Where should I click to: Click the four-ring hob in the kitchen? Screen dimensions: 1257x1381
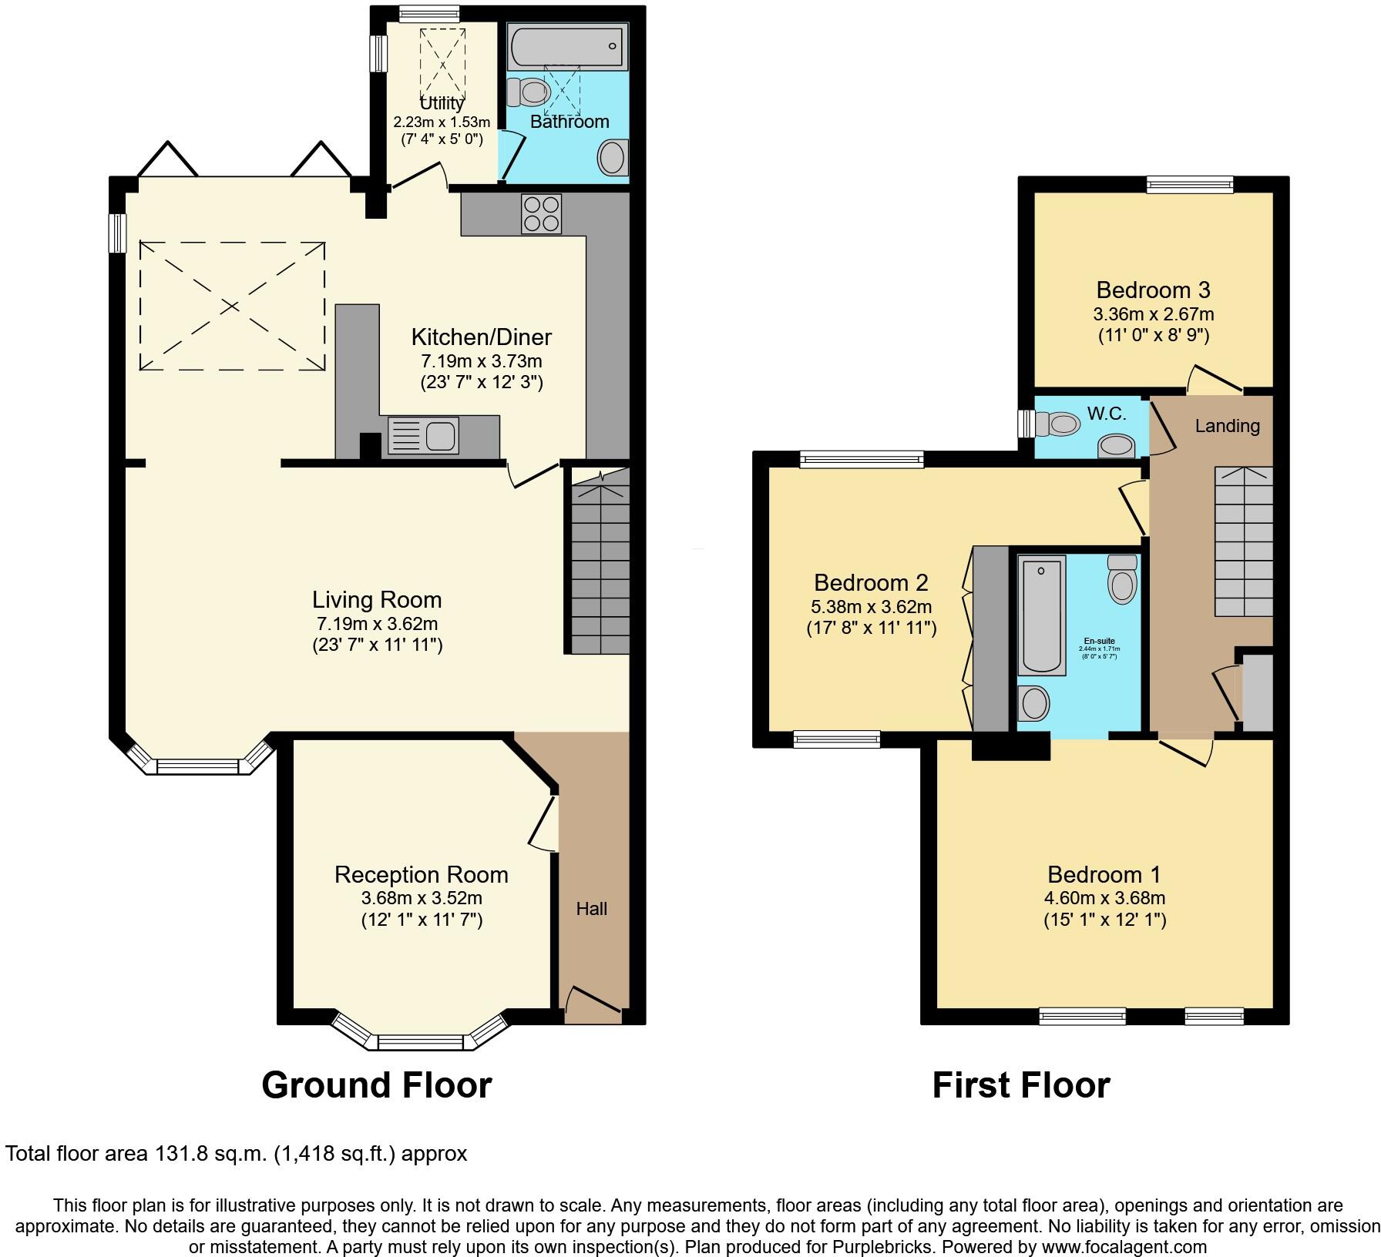[542, 213]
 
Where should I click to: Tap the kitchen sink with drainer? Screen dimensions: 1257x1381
[423, 436]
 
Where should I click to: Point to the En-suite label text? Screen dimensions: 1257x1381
[1099, 641]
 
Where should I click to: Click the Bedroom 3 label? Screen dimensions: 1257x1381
[1153, 290]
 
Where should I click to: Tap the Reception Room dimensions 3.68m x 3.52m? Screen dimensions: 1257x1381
[422, 898]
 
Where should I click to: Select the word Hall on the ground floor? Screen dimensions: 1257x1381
[592, 909]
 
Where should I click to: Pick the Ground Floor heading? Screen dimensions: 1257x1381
[376, 1085]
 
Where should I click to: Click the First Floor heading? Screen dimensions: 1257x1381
[1020, 1085]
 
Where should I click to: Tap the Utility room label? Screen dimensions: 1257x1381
[442, 103]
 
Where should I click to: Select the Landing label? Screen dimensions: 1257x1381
[1227, 426]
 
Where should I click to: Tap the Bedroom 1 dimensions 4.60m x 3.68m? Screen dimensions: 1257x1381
[1104, 898]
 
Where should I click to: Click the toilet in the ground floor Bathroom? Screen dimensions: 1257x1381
[530, 92]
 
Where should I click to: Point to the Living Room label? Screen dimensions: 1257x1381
[377, 599]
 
